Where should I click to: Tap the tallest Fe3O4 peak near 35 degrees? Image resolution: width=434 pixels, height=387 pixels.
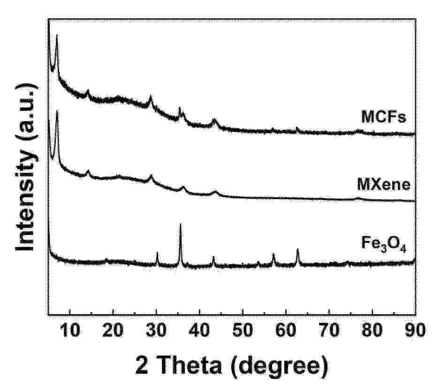pyautogui.click(x=181, y=225)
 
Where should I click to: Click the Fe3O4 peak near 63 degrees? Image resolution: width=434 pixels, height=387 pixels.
pyautogui.click(x=297, y=250)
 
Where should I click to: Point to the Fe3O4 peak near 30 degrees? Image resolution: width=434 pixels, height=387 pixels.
pyautogui.click(x=157, y=254)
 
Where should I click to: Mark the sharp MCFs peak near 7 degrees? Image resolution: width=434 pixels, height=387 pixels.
pyautogui.click(x=57, y=36)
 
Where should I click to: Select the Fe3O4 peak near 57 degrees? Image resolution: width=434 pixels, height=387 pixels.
pyautogui.click(x=274, y=255)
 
